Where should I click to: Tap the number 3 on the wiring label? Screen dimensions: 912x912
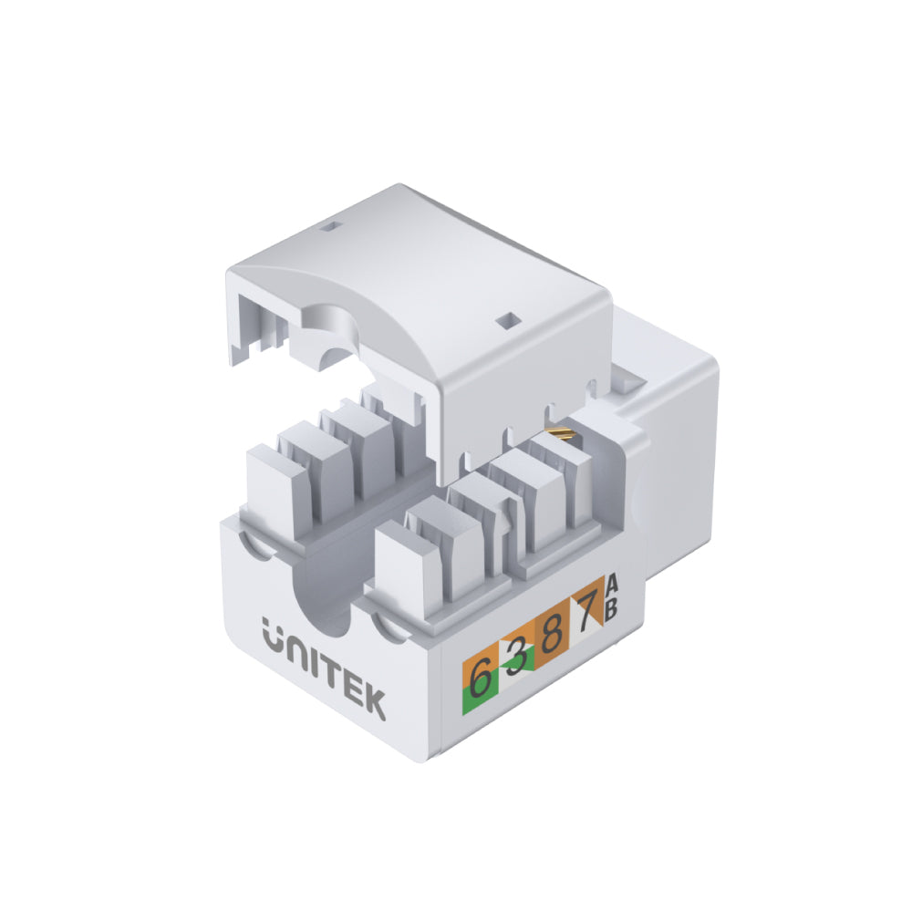pyautogui.click(x=517, y=658)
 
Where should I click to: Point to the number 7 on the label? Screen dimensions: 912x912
pyautogui.click(x=586, y=613)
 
